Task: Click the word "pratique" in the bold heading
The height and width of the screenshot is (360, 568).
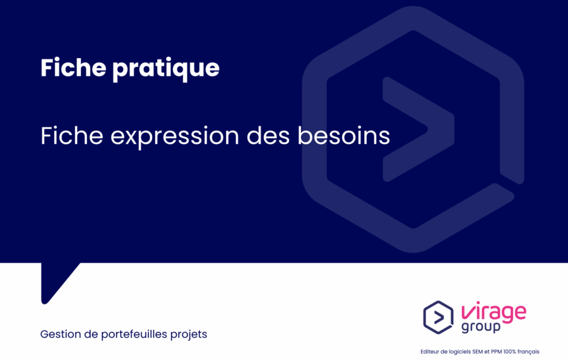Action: point(166,69)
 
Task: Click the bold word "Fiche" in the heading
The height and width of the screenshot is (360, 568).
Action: point(73,67)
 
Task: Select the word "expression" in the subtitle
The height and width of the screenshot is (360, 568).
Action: point(175,137)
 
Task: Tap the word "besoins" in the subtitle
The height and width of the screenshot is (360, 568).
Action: point(344,136)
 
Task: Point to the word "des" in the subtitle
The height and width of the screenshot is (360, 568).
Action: point(268,136)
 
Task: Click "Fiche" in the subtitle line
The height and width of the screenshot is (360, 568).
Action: point(72,136)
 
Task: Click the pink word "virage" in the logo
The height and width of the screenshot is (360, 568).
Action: point(494,312)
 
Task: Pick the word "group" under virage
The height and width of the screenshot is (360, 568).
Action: point(481,327)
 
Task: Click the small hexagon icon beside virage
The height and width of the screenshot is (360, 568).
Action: point(439,317)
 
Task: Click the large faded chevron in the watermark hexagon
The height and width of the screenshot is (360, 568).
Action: point(418,129)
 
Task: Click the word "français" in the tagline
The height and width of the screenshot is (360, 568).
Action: point(528,352)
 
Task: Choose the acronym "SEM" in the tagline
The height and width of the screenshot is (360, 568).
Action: point(478,352)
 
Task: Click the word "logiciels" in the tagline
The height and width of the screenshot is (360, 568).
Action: point(459,352)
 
